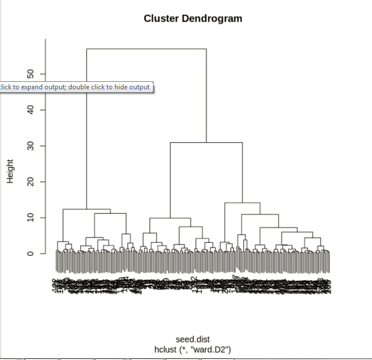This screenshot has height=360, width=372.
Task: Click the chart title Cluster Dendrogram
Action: (x=193, y=18)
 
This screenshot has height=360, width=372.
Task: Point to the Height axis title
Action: (x=10, y=171)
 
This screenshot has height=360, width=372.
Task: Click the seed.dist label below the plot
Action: (x=192, y=340)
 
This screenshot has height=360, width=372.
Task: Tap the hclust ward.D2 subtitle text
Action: (x=192, y=349)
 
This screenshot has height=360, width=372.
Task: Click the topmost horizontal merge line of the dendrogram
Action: (x=146, y=49)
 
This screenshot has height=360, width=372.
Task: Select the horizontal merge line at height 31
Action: (x=206, y=143)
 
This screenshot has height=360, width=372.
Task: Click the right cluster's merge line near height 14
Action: (x=242, y=203)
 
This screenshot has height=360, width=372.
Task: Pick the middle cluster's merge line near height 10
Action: (x=170, y=218)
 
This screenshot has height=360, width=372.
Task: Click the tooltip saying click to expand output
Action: (x=75, y=87)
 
